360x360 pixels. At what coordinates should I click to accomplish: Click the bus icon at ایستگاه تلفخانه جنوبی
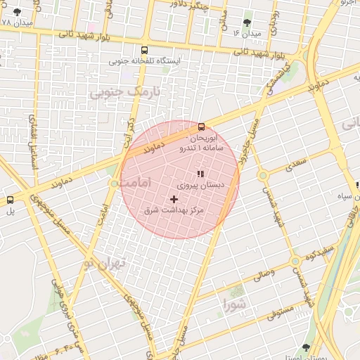click(x=144, y=51)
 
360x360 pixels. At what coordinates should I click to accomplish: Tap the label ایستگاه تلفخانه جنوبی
click(x=145, y=62)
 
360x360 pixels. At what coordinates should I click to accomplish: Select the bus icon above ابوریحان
click(x=202, y=127)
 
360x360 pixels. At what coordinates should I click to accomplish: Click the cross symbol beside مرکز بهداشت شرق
click(x=174, y=199)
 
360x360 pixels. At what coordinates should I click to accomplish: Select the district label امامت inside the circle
click(x=136, y=182)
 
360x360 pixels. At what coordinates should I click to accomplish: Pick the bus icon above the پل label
click(x=10, y=200)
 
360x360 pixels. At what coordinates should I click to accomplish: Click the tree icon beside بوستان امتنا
click(x=305, y=347)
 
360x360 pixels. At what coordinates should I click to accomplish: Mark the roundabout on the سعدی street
click(x=263, y=175)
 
